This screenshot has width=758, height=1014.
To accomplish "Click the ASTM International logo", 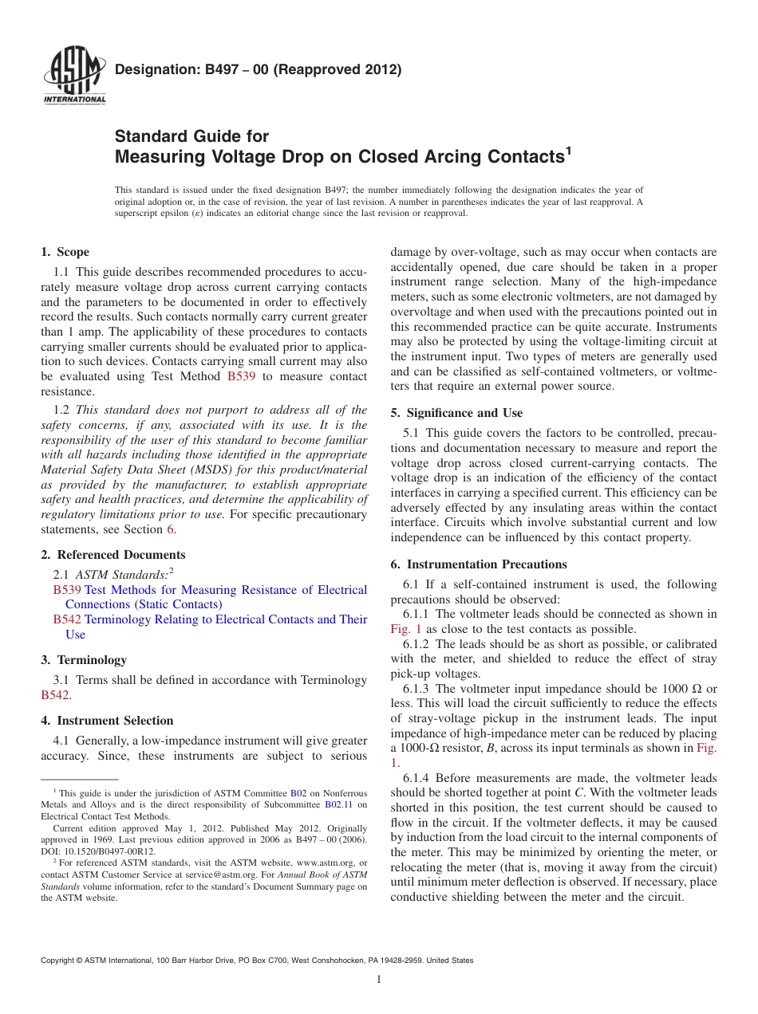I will (x=73, y=77).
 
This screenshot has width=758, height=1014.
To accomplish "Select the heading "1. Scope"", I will (x=65, y=252).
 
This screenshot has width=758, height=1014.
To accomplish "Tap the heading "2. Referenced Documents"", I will (x=113, y=555).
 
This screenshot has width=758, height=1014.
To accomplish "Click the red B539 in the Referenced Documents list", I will (x=67, y=590).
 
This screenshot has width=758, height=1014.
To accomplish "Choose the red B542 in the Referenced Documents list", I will (x=67, y=619).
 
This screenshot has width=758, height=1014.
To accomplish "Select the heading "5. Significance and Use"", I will (x=456, y=413).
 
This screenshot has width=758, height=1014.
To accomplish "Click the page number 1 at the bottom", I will (x=379, y=980).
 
